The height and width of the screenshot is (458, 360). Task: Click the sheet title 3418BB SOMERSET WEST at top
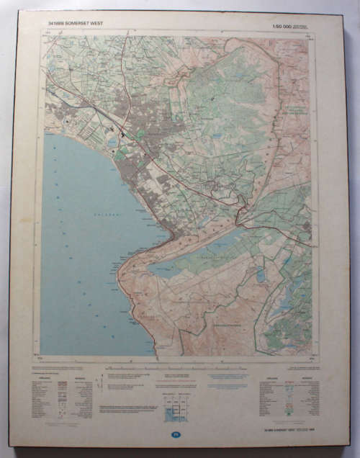click(x=76, y=24)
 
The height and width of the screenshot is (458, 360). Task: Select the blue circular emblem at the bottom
click(x=176, y=434)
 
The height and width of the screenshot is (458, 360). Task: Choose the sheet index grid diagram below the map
click(x=176, y=408)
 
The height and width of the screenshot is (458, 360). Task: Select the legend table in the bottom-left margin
click(x=62, y=397)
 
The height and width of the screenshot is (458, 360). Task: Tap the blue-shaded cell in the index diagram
click(x=172, y=413)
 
